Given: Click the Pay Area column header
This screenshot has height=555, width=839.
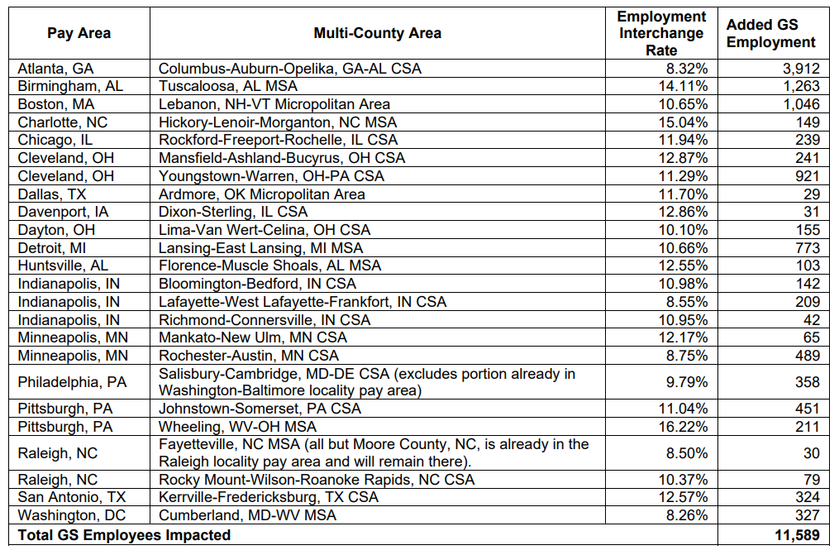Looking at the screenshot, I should click(79, 33).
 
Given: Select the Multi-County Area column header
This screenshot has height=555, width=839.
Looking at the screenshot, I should click(377, 33).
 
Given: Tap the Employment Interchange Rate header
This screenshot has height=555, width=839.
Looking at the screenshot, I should click(661, 33).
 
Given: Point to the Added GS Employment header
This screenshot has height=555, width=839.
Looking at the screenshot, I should click(770, 33).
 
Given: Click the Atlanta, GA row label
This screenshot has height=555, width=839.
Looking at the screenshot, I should click(55, 68).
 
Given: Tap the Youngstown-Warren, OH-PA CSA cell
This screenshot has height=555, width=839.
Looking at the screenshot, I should click(271, 176).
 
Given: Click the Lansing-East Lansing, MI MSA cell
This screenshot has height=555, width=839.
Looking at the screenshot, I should click(260, 248).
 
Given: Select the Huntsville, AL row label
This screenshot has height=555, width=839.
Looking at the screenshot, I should click(62, 266).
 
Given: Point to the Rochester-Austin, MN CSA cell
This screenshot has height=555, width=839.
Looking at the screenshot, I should click(248, 356).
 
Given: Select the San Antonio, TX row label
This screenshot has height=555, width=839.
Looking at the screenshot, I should click(66, 497).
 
